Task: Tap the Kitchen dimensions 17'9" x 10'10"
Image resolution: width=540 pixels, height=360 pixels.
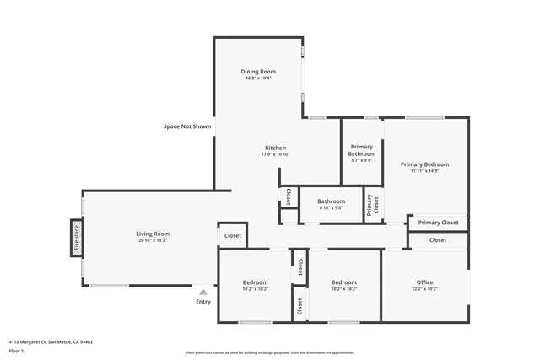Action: point(275,155)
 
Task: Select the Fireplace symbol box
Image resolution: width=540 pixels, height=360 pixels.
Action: point(76,237)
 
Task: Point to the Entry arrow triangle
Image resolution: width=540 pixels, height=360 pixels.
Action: point(202,292)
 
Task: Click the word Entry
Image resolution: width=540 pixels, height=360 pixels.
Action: point(203,302)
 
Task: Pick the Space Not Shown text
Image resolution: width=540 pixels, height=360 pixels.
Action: point(187,126)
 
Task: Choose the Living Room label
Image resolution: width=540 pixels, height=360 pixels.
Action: point(153,234)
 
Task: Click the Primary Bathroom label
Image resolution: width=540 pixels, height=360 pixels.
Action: point(361,150)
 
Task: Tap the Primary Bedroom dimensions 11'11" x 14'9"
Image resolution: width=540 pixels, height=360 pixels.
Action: point(424,171)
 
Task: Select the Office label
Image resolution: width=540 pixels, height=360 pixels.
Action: point(424,282)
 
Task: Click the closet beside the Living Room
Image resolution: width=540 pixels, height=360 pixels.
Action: point(233,236)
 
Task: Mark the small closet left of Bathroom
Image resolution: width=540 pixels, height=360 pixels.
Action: point(288,196)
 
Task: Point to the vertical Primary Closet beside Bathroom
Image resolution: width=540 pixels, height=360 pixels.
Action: point(372,204)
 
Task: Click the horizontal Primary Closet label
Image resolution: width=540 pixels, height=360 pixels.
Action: point(438,223)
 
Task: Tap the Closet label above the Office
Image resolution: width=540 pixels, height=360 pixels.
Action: point(437,240)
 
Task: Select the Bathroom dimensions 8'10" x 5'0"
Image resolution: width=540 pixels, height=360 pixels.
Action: point(331,208)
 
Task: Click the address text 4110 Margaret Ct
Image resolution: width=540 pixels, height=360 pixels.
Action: point(51,342)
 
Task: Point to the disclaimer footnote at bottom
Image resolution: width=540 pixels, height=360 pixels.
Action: point(269,353)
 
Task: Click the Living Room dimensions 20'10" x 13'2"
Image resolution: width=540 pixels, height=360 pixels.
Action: point(153,240)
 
